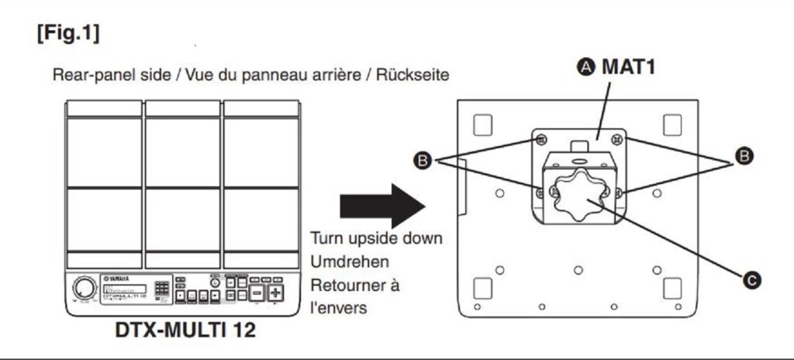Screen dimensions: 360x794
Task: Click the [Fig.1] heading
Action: pos(67,34)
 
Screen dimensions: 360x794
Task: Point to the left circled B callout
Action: pos(423,161)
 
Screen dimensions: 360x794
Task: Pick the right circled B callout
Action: pos(742,157)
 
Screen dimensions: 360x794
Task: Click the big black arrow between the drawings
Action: pos(382,206)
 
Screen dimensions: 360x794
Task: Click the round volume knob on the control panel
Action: pos(81,289)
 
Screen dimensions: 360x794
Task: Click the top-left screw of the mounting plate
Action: pos(540,139)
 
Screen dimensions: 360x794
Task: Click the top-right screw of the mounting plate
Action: pos(616,139)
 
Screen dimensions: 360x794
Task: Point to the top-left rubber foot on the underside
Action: pos(482,125)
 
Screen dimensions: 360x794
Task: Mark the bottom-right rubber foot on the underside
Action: pos(671,287)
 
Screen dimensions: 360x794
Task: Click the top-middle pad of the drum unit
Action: pos(183,152)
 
